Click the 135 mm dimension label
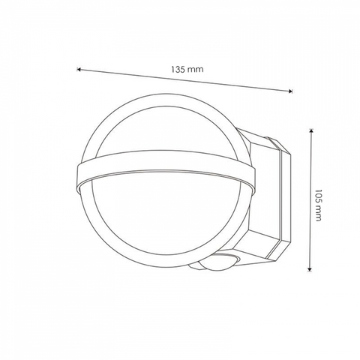187,69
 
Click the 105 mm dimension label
317,205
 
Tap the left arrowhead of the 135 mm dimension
78,69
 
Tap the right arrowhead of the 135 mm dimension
290,91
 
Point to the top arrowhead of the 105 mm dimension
310,130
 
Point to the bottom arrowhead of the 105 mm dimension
310,269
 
